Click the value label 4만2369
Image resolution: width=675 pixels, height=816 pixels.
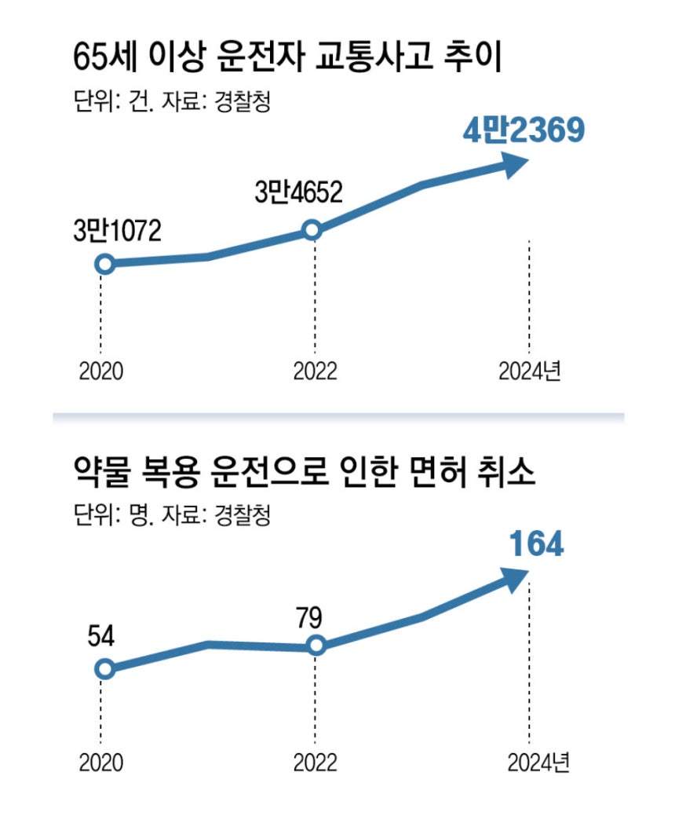(524, 132)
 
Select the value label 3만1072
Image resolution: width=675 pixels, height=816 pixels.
(117, 231)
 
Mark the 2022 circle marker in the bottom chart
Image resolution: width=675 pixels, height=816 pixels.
(316, 646)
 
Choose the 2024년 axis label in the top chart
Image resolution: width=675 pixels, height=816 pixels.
(531, 370)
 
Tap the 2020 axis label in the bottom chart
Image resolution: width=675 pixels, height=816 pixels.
(101, 762)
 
